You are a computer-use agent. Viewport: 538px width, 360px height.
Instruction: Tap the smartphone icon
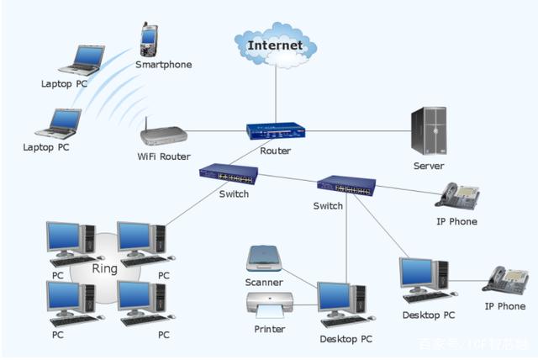click(149, 39)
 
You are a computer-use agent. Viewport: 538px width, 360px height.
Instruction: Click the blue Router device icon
click(275, 131)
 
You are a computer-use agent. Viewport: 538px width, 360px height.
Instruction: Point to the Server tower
click(429, 130)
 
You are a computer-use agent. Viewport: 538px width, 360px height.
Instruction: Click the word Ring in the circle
click(105, 269)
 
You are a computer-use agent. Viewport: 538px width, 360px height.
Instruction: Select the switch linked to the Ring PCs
click(228, 175)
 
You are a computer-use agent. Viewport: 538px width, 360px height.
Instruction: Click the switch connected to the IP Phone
click(345, 186)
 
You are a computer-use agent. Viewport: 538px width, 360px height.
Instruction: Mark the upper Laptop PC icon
click(81, 61)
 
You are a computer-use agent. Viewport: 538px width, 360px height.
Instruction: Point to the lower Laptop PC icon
click(58, 123)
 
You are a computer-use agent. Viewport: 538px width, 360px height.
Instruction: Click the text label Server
click(429, 166)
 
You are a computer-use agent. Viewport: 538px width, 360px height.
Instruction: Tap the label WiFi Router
click(164, 156)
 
